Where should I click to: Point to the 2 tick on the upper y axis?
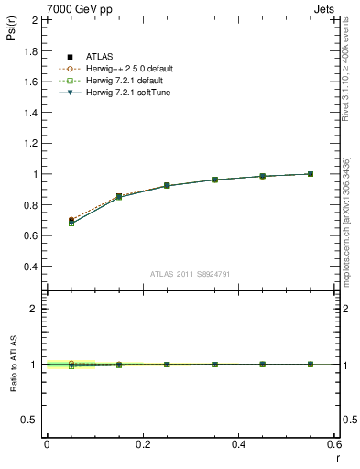pos(35,19)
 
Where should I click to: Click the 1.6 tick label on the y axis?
pos(29,82)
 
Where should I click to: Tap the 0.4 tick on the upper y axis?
pos(29,267)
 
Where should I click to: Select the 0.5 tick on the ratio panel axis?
pos(29,420)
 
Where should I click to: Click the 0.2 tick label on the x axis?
pos(142,444)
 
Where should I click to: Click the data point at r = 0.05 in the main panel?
pos(71,221)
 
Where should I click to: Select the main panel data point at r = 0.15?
pos(119,196)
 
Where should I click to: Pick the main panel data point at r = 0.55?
pos(311,174)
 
